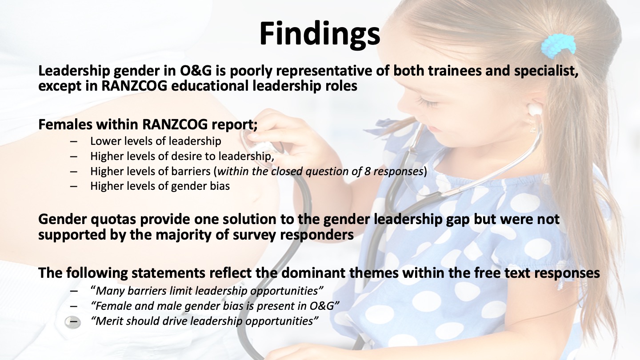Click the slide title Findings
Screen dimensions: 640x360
320,33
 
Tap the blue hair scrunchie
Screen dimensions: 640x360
558,46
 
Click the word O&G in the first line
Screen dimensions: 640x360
196,71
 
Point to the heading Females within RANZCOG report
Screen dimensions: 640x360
148,124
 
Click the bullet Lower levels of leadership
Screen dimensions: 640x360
156,141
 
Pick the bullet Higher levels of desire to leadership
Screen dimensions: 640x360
182,156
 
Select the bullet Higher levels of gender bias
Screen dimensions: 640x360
160,186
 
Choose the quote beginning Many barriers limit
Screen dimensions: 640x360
207,291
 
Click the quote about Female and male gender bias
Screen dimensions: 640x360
215,306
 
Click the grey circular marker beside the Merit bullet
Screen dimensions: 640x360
72,322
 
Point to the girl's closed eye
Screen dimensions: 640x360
427,101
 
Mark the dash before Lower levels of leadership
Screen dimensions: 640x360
73,141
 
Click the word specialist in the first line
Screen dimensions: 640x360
546,71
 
